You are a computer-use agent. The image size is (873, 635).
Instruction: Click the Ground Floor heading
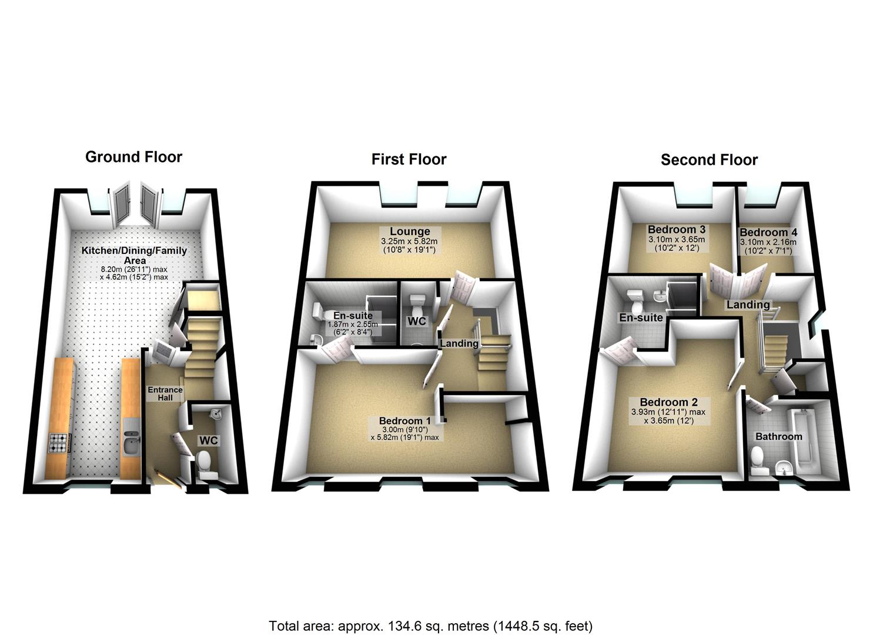pos(133,157)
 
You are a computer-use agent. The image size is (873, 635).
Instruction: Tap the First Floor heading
pos(409,159)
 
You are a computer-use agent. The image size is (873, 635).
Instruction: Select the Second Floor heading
pos(709,160)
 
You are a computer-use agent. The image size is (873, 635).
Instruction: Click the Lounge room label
pos(409,232)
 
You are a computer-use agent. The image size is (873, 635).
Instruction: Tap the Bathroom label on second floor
pos(778,437)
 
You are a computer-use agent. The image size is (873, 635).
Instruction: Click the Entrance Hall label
pos(165,394)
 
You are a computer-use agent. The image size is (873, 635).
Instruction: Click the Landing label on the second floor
pos(748,305)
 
